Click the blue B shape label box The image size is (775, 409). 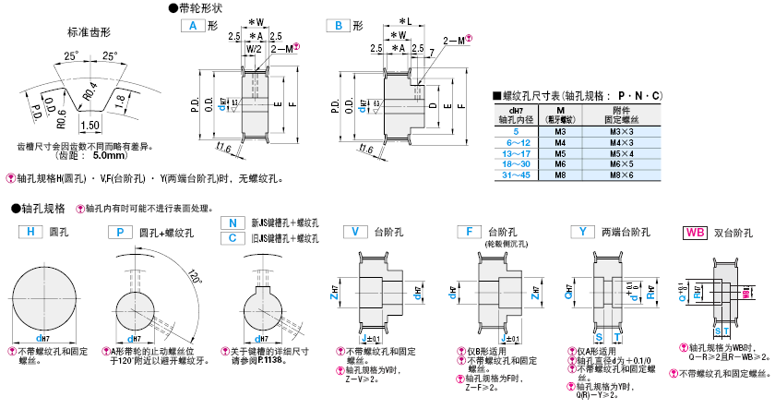(339, 27)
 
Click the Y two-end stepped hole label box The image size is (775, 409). (581, 232)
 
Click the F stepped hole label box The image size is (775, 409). (470, 232)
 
